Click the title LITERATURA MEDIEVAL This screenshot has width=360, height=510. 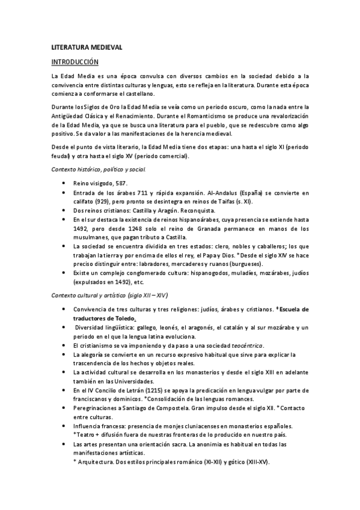tap(87, 47)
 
